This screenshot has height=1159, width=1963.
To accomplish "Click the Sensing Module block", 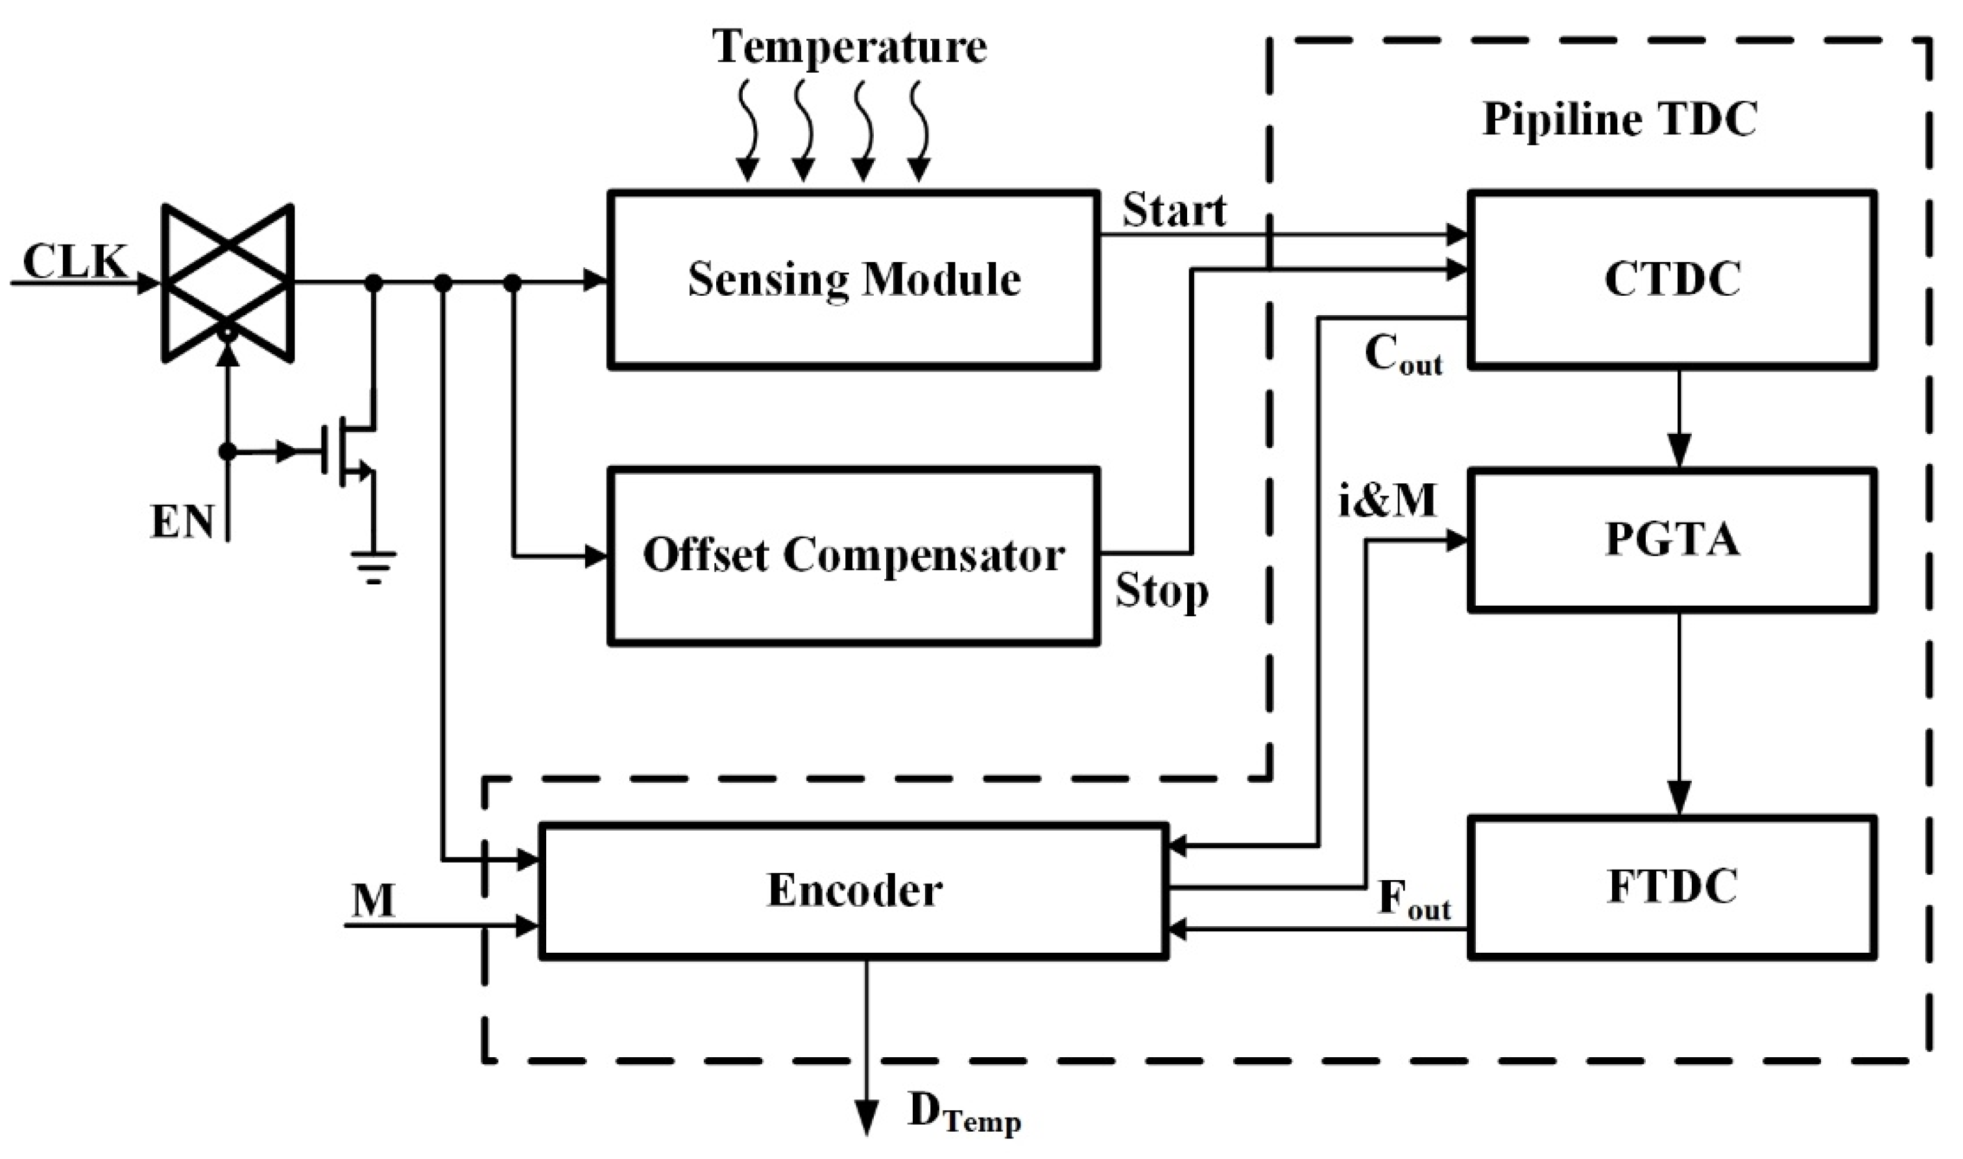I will coord(853,279).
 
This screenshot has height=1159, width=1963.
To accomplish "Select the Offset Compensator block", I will coord(853,555).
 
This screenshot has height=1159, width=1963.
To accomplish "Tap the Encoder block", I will coord(853,890).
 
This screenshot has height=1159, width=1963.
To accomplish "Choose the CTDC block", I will coord(1672,279).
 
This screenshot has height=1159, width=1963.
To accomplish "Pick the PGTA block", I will coord(1672,539).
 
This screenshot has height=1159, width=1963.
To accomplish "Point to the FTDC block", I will coord(1672,887).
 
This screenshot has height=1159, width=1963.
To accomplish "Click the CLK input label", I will coord(74,261).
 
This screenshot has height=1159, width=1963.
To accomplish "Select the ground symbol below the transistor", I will coord(374,566).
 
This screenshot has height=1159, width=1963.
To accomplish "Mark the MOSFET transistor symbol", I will coord(352,453).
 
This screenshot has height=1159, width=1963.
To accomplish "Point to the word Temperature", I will coord(849,47).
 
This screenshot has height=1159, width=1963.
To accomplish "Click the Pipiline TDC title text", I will coord(1619,119).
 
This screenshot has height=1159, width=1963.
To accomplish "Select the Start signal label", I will coord(1174,211).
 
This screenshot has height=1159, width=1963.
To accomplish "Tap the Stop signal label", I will coord(1162,591).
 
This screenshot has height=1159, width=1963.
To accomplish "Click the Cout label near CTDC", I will coord(1402,355).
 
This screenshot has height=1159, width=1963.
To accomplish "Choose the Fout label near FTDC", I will coord(1414,900).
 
